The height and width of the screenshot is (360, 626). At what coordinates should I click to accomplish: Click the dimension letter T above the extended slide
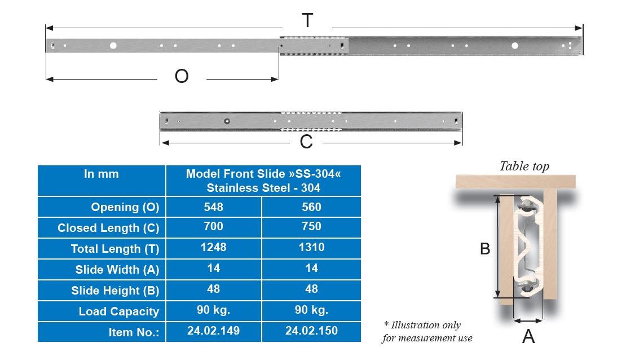pyautogui.click(x=307, y=21)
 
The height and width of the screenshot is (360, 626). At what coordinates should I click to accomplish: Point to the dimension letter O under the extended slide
pyautogui.click(x=182, y=76)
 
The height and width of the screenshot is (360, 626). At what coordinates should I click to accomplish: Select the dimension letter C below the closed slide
pyautogui.click(x=306, y=142)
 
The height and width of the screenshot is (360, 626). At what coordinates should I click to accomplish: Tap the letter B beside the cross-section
pyautogui.click(x=485, y=248)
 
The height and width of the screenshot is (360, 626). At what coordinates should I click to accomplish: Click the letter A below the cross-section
pyautogui.click(x=528, y=336)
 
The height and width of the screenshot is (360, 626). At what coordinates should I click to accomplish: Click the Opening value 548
pyautogui.click(x=214, y=207)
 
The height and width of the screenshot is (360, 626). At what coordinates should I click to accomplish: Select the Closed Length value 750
pyautogui.click(x=311, y=226)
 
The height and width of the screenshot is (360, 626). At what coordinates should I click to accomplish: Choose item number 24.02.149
pyautogui.click(x=214, y=331)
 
